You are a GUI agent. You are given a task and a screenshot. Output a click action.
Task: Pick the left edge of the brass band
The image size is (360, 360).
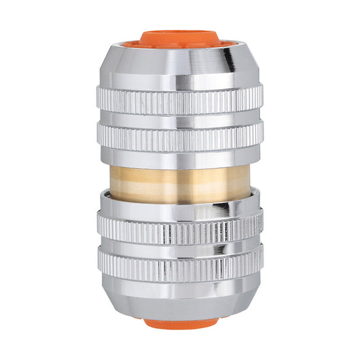coord(111,178)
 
